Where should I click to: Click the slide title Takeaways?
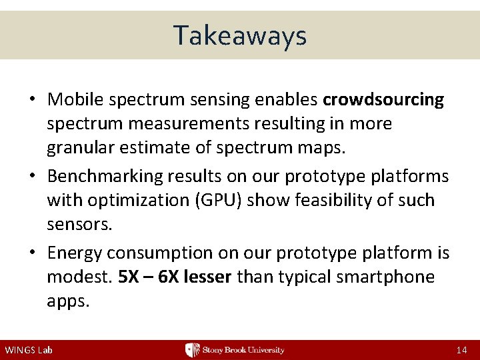click(240, 35)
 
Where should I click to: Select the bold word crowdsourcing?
click(383, 100)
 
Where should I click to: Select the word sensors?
click(79, 224)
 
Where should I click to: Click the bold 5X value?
click(128, 277)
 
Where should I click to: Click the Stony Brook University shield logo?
click(192, 350)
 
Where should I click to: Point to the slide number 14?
click(461, 350)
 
